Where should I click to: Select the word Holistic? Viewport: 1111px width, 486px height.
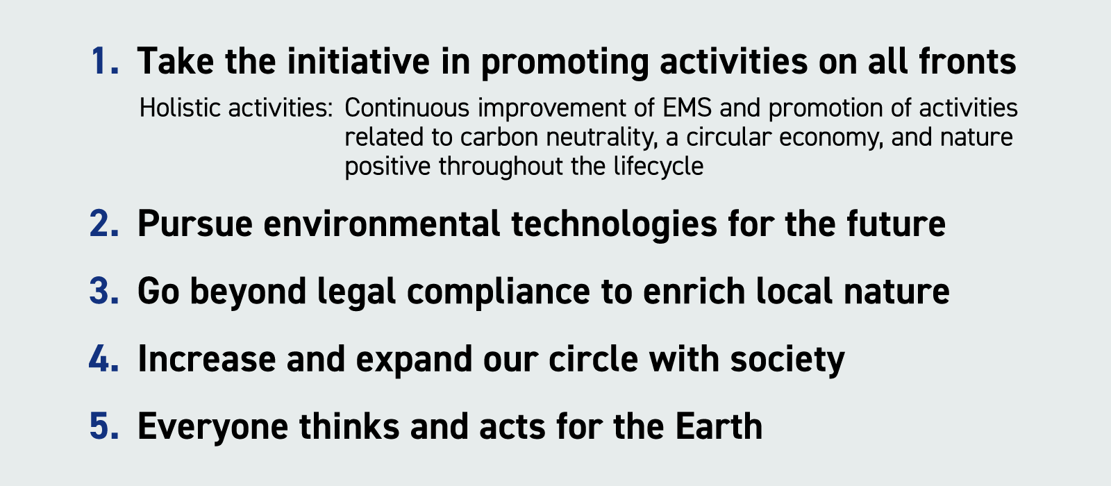pos(180,108)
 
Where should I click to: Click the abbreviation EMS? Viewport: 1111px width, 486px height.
pos(687,108)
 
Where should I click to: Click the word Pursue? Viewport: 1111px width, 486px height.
pos(195,224)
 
